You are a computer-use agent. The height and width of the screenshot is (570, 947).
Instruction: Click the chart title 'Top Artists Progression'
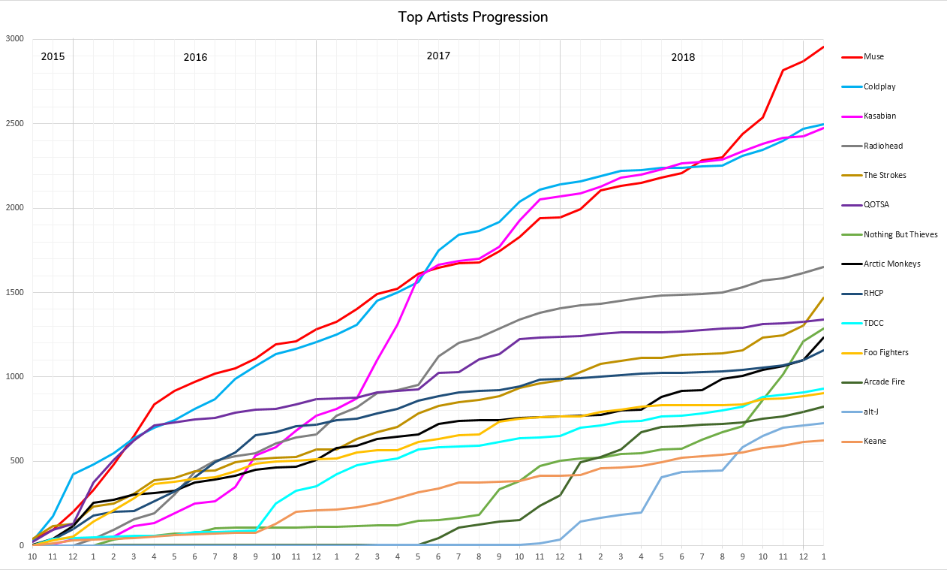[x=473, y=17]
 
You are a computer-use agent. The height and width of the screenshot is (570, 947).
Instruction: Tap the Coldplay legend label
[x=879, y=86]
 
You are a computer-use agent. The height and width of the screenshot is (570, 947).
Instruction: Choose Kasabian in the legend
[x=879, y=116]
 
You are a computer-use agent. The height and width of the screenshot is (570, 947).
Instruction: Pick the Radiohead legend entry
[x=882, y=146]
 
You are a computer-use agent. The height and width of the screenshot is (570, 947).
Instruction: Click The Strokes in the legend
[x=885, y=175]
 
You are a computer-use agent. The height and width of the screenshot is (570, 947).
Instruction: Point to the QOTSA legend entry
[x=877, y=204]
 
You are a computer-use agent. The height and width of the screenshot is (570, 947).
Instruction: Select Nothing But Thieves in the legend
[x=900, y=234]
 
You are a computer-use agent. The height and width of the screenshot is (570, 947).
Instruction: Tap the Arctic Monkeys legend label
[x=891, y=264]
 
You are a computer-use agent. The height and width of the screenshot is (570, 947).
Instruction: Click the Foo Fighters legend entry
[x=885, y=352]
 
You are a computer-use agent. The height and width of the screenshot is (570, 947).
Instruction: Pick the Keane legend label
[x=875, y=441]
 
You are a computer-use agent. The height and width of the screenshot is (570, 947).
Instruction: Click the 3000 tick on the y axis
[x=15, y=39]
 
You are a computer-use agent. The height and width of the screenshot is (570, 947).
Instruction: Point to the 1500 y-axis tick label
[x=15, y=292]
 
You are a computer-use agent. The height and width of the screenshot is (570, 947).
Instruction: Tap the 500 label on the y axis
[x=17, y=461]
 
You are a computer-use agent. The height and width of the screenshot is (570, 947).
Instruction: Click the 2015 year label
[x=53, y=56]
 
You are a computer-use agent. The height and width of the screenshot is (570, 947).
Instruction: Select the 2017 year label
[x=438, y=56]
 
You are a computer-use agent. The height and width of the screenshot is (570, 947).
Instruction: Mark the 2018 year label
[x=683, y=57]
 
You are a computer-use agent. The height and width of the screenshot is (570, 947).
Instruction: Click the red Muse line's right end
[x=823, y=47]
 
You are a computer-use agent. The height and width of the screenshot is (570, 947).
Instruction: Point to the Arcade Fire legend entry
[x=884, y=382]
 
